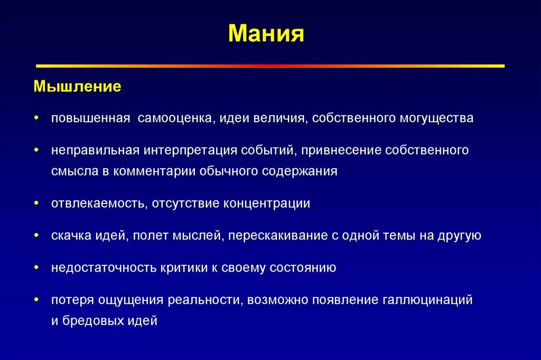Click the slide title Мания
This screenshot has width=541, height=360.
pyautogui.click(x=266, y=33)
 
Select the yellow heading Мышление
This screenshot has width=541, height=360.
pyautogui.click(x=77, y=86)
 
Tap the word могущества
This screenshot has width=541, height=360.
pyautogui.click(x=436, y=118)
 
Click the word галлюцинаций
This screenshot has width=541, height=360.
pyautogui.click(x=427, y=300)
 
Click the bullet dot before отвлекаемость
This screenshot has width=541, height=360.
pyautogui.click(x=36, y=204)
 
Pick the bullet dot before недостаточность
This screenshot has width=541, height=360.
pyautogui.click(x=36, y=268)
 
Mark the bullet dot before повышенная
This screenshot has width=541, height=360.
pyautogui.click(x=36, y=118)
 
